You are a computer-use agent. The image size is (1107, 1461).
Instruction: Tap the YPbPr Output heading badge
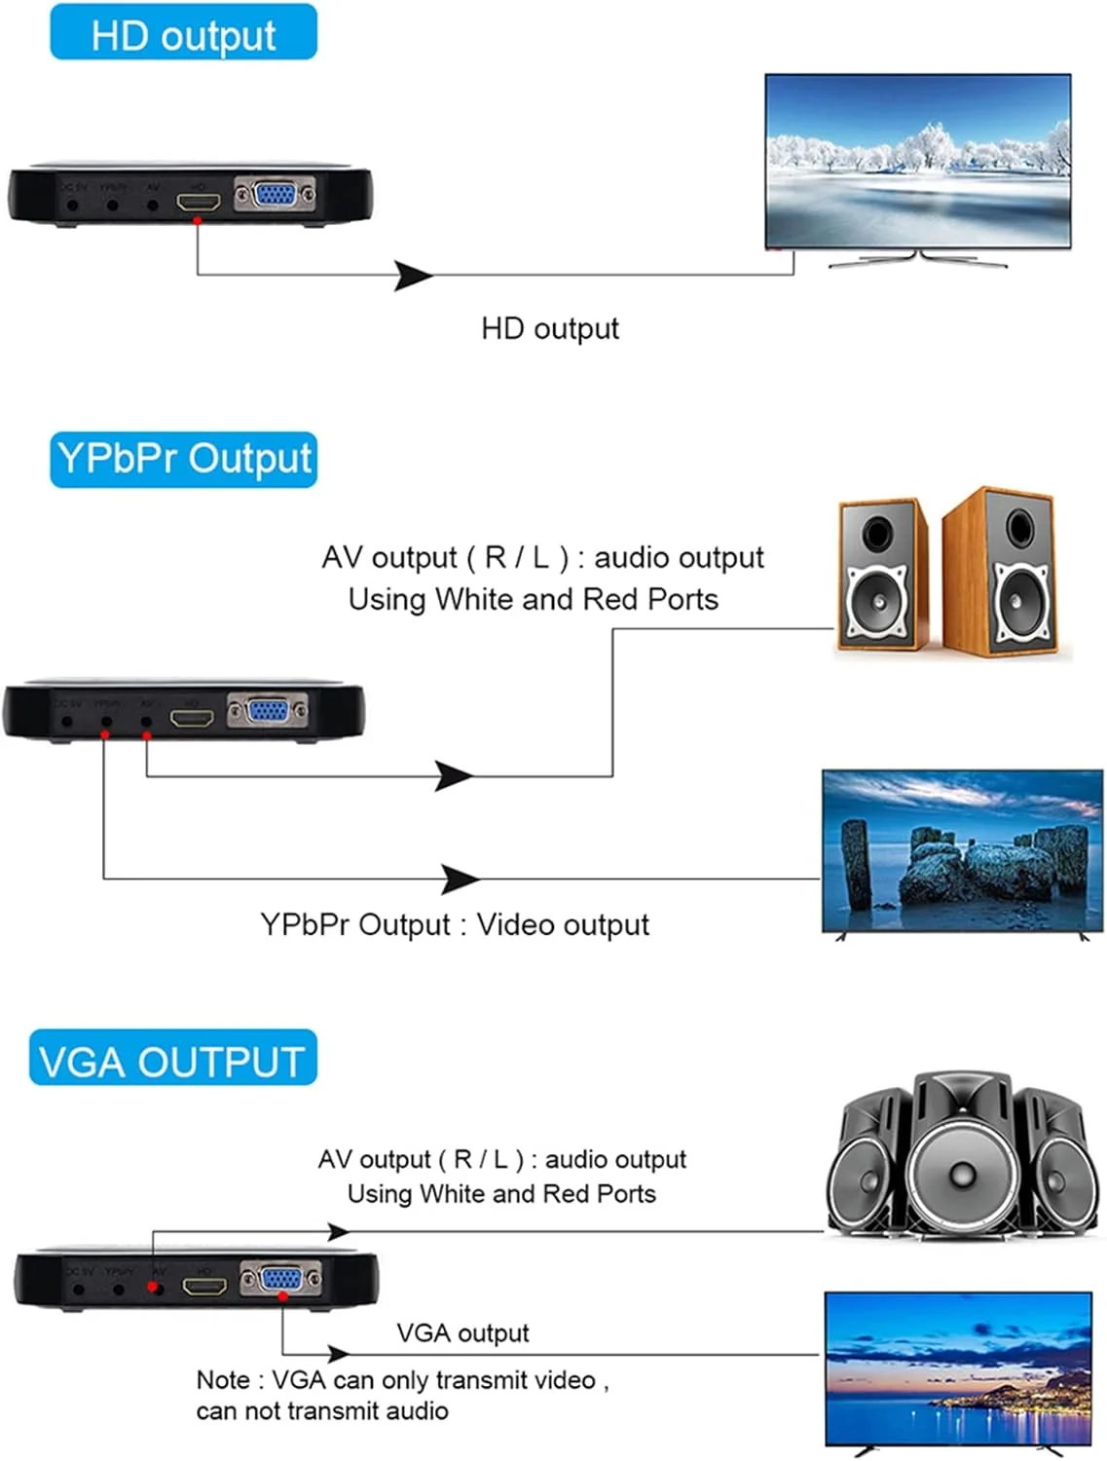[x=183, y=459]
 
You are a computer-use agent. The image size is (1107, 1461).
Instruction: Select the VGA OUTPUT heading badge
[x=172, y=1059]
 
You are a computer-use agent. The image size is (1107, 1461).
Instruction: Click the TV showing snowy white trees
[x=917, y=161]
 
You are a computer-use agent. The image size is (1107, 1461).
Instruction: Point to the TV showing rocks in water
[x=962, y=851]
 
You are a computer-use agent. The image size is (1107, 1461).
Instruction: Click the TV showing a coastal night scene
[x=958, y=1367]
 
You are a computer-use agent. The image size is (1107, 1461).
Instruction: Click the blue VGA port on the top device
[x=276, y=194]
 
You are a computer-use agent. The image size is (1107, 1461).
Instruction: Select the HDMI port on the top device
[x=198, y=203]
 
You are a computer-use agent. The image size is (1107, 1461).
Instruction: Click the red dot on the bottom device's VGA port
[x=282, y=1295]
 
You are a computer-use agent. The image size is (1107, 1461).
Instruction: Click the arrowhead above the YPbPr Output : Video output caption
[x=460, y=879]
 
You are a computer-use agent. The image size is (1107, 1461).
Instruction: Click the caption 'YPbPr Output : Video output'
[x=454, y=924]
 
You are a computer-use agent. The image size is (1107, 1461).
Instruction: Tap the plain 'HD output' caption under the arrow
[x=549, y=328]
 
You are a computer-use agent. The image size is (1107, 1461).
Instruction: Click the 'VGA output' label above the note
[x=462, y=1332]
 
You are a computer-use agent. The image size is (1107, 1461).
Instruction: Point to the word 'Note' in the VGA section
[x=223, y=1379]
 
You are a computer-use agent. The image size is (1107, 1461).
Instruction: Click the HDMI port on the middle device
[x=192, y=718]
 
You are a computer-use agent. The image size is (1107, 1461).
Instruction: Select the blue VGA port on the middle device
[x=267, y=711]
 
